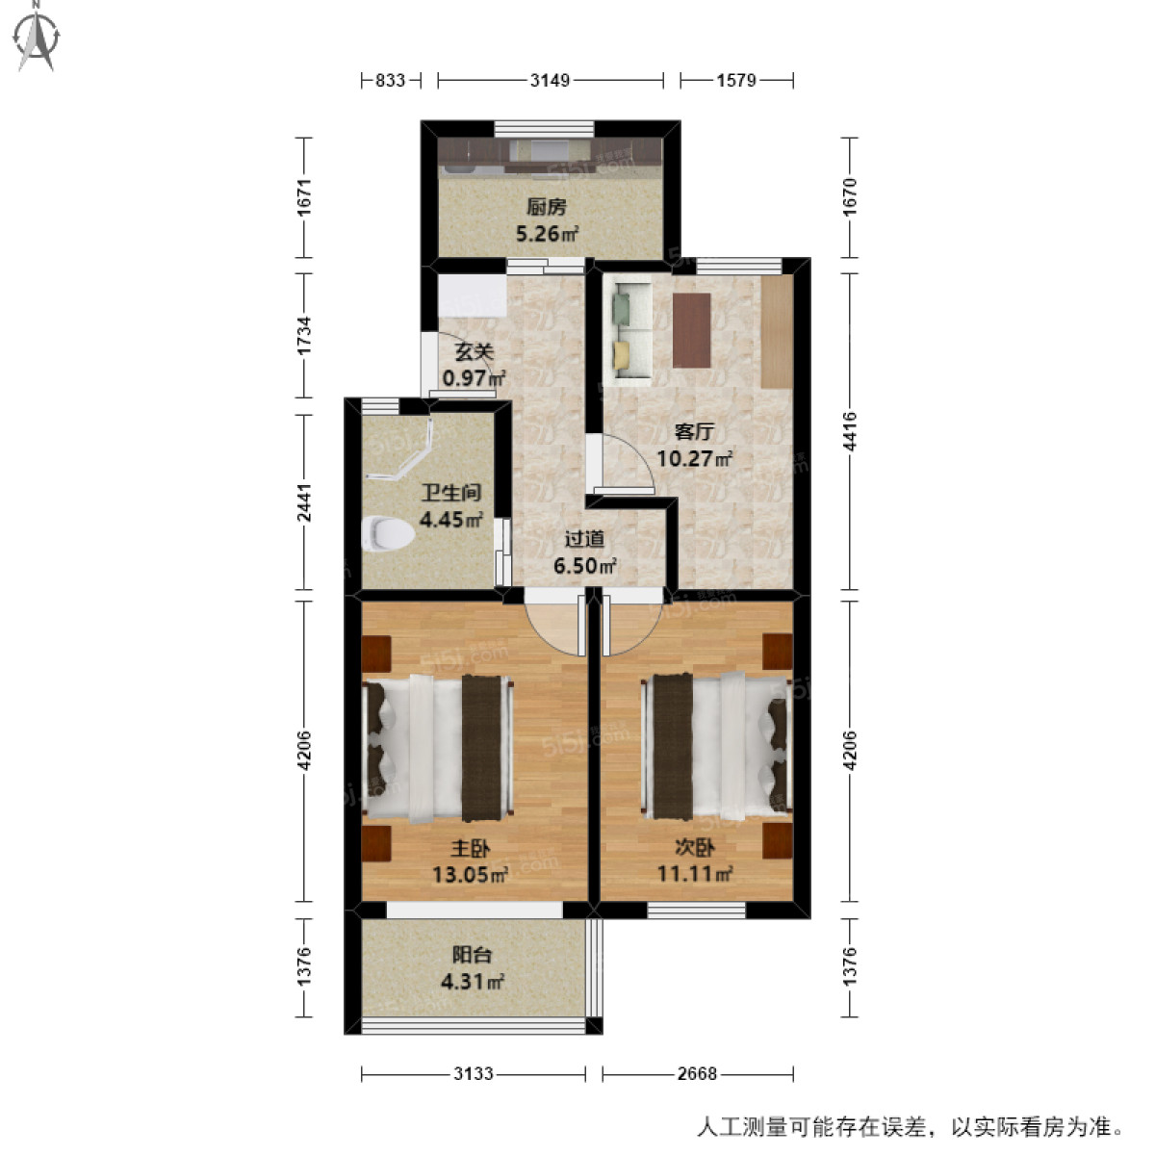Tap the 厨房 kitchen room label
point(546,207)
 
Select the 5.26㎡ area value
point(547,233)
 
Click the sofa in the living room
point(631,328)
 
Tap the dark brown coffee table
point(691,330)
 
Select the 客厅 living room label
point(693,432)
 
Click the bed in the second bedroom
point(718,747)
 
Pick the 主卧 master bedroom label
point(471,849)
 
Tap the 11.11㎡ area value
point(695,874)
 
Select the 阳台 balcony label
point(472,955)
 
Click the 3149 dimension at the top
point(550,81)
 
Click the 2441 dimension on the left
point(305,501)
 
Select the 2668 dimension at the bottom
point(696,1073)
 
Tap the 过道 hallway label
point(583,540)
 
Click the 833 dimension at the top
point(390,81)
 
